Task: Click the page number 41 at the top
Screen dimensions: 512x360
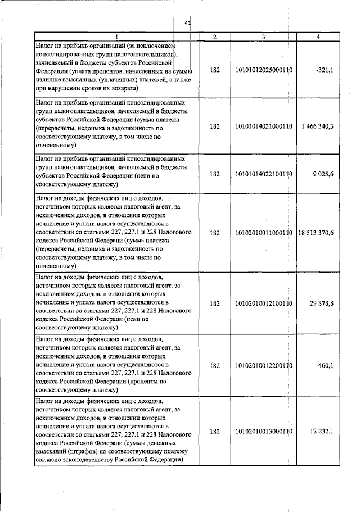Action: [188, 23]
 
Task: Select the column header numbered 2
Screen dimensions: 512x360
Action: [214, 37]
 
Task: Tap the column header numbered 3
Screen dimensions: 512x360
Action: [263, 37]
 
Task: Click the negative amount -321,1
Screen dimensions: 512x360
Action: [325, 70]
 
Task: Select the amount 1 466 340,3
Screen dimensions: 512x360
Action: [317, 126]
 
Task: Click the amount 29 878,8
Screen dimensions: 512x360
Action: [322, 303]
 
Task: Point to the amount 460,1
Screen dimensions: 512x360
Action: [326, 366]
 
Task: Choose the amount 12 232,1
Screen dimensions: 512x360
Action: [322, 432]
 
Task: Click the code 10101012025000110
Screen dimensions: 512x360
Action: [263, 70]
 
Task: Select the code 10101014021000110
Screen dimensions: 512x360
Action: [263, 126]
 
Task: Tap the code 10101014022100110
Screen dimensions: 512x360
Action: [263, 175]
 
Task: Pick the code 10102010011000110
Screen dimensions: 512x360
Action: [263, 233]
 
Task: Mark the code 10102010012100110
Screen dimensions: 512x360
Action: [263, 303]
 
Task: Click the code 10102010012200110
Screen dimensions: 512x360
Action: [263, 366]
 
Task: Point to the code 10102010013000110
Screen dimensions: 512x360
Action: [263, 432]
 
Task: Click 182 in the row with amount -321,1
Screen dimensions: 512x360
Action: [214, 70]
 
